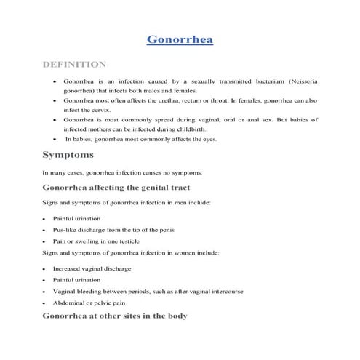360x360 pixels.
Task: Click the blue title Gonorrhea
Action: pos(180,38)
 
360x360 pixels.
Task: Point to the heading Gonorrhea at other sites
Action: pos(115,316)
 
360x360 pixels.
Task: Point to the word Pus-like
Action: pos(66,229)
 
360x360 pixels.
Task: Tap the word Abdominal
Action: pos(71,302)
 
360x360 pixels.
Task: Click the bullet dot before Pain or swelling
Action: pos(45,241)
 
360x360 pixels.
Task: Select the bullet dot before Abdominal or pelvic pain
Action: pos(45,303)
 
